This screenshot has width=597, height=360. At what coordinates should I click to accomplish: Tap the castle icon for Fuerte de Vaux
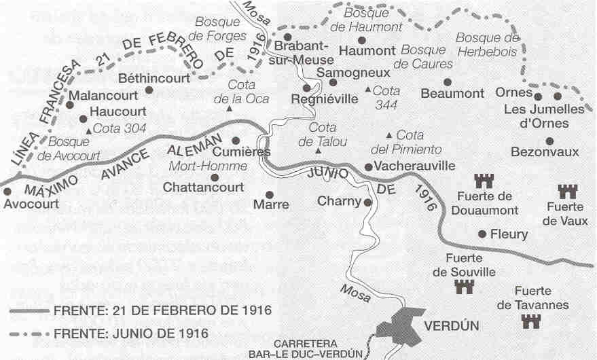566,192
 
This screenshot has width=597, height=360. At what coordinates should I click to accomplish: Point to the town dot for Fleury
482,234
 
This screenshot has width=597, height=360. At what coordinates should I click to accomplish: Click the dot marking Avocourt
7,192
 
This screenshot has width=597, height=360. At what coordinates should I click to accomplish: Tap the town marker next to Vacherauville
368,166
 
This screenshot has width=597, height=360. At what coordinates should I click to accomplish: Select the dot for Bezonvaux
549,141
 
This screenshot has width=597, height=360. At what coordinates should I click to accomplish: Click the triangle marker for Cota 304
88,129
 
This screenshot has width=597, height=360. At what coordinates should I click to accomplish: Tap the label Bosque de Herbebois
487,44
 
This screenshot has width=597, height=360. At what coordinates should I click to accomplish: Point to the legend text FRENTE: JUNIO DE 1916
130,334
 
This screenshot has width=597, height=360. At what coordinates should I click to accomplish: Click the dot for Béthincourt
149,89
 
